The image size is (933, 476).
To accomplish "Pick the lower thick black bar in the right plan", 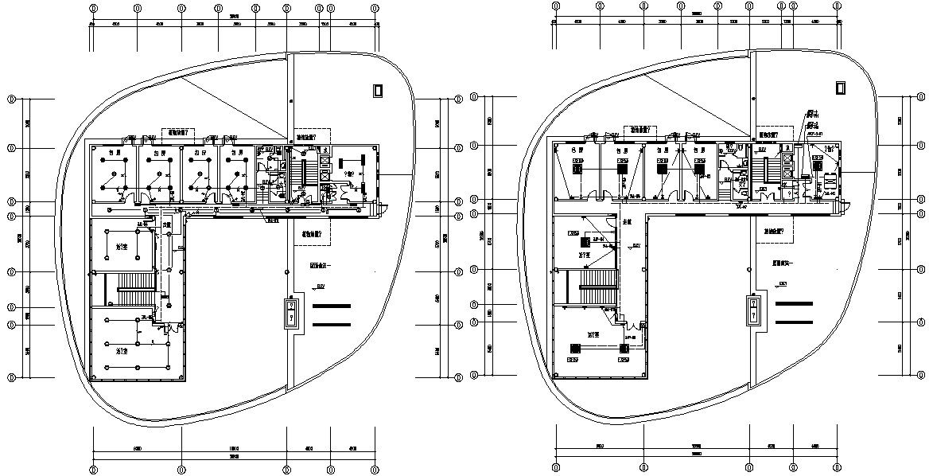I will pos(795,322).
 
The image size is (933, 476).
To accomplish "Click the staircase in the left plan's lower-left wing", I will pos(127,289).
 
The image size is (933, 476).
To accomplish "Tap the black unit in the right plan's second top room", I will pos(623,168).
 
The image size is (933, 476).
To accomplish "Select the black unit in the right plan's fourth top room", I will pos(699,169).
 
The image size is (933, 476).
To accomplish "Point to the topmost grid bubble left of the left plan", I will pos(11,99).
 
